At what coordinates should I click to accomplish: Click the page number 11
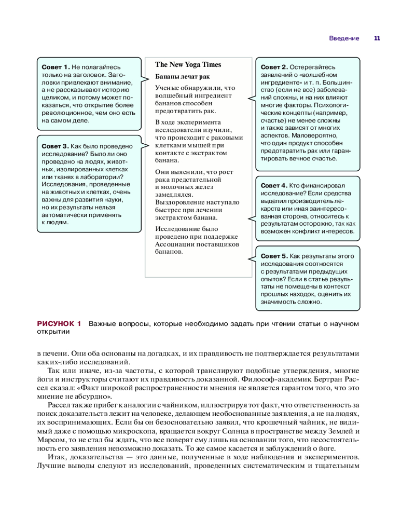[x=377, y=38]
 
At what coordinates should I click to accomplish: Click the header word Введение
[x=344, y=38]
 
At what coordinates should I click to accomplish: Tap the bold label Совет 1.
[x=56, y=67]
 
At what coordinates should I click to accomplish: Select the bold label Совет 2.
[x=273, y=67]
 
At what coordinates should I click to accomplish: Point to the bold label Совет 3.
[x=56, y=146]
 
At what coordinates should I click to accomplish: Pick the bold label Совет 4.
[x=273, y=185]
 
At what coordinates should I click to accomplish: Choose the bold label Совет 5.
[x=273, y=256]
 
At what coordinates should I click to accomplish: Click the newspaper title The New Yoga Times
[x=188, y=65]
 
